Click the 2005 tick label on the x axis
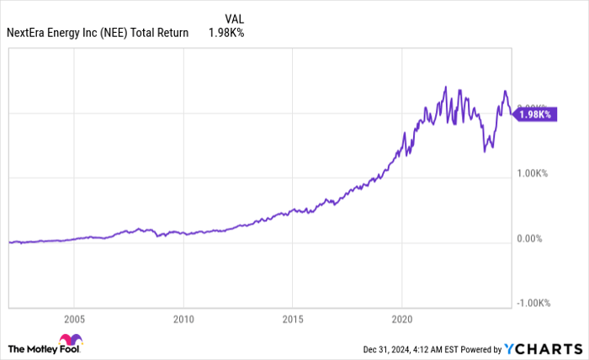tap(74, 320)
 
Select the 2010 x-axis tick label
tap(183, 320)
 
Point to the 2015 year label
tap(292, 320)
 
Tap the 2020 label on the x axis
tap(401, 320)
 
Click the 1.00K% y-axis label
tap(533, 173)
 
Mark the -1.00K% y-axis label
tap(534, 304)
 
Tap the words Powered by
tap(476, 348)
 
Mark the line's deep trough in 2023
tap(486, 151)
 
